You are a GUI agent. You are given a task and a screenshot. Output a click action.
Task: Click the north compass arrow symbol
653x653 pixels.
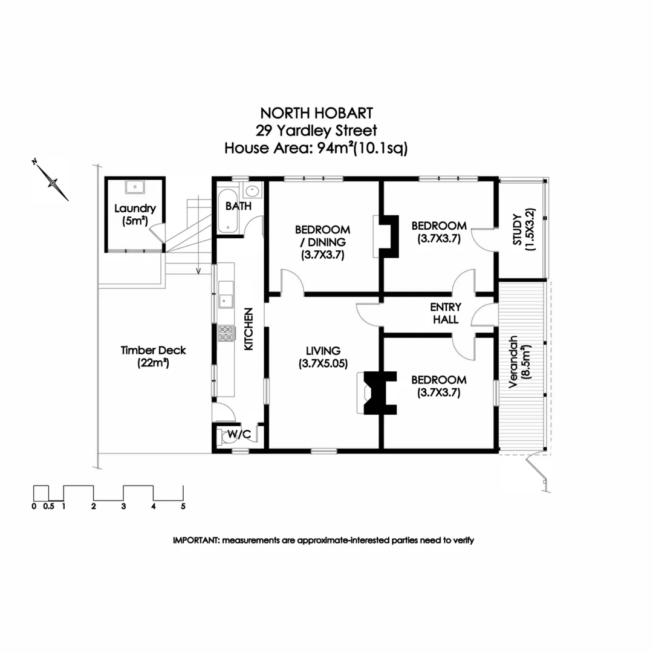click(53, 180)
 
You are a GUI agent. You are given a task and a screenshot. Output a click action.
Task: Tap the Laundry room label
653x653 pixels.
click(135, 215)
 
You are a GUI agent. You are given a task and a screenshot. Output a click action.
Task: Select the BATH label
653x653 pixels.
click(238, 206)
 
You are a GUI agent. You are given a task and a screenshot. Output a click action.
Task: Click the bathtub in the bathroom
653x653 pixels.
click(229, 216)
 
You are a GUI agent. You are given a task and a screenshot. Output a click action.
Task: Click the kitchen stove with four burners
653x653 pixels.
click(226, 333)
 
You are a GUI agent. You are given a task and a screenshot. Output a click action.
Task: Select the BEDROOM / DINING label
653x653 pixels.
click(322, 242)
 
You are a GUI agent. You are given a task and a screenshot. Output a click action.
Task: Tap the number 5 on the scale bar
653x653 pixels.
click(183, 507)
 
